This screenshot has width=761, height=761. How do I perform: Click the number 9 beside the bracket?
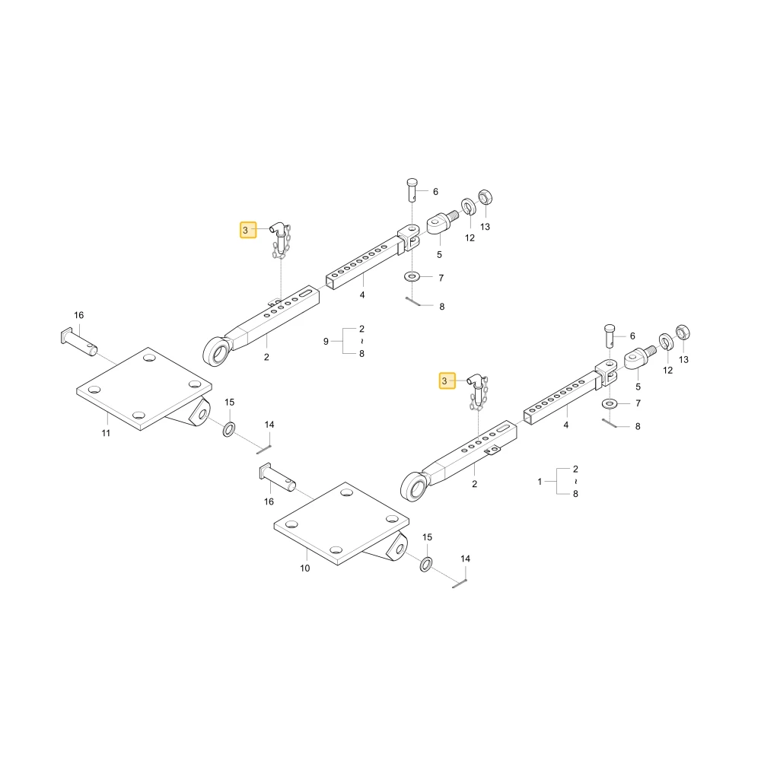326,342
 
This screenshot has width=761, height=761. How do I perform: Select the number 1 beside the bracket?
540,482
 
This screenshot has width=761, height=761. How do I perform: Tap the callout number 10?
305,568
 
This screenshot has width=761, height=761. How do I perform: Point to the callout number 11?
106,434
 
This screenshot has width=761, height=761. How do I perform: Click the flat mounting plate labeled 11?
144,389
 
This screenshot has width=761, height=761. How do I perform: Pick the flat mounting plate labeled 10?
341,524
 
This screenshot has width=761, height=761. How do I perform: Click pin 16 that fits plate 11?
79,342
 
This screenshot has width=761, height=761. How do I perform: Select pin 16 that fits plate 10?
278,478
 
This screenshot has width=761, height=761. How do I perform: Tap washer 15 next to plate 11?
229,429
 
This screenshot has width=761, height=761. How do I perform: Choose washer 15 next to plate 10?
426,565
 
